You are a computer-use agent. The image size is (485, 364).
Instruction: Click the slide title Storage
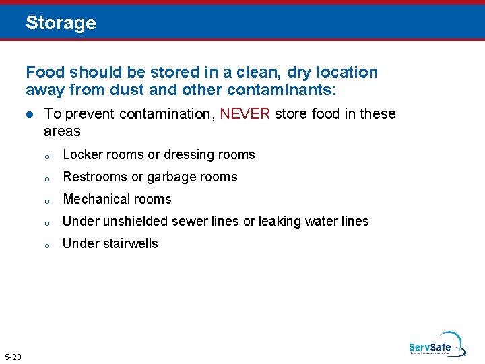(61, 23)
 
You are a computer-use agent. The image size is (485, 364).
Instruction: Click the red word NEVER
(245, 114)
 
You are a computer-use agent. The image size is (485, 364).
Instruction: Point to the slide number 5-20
(13, 357)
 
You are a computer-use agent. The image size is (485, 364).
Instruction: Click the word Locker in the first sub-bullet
(82, 155)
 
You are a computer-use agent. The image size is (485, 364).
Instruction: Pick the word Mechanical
(92, 200)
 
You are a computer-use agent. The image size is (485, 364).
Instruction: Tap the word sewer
(191, 222)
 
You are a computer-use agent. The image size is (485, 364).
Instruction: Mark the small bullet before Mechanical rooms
(47, 200)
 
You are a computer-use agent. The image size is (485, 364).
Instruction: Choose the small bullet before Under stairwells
(47, 245)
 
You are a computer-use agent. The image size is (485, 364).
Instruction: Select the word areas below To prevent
(62, 131)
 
